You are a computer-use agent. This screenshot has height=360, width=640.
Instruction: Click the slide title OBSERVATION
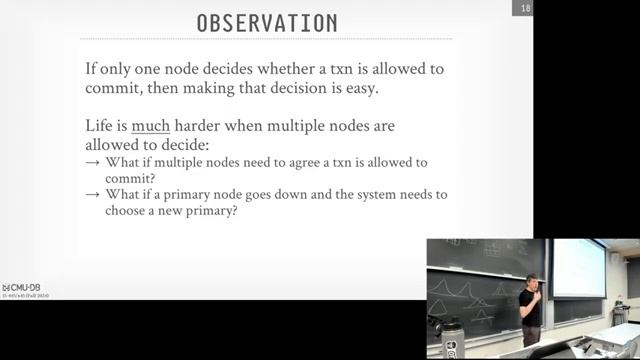(x=266, y=23)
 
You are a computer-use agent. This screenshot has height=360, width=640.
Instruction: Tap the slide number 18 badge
(x=523, y=9)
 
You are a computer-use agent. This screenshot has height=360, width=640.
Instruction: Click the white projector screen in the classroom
(x=579, y=267)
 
